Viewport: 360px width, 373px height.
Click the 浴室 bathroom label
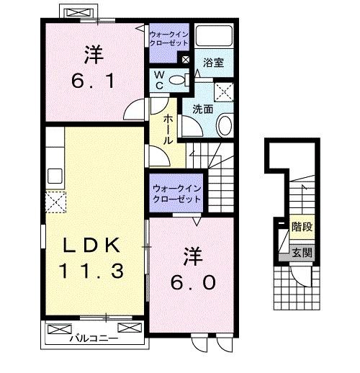(214, 63)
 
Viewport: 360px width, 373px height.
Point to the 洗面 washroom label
(202, 109)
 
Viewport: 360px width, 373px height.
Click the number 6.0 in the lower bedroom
(191, 273)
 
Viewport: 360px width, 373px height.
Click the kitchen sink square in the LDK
(55, 176)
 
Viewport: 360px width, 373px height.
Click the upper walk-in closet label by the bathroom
(169, 37)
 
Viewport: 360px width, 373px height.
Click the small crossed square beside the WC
(186, 60)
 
